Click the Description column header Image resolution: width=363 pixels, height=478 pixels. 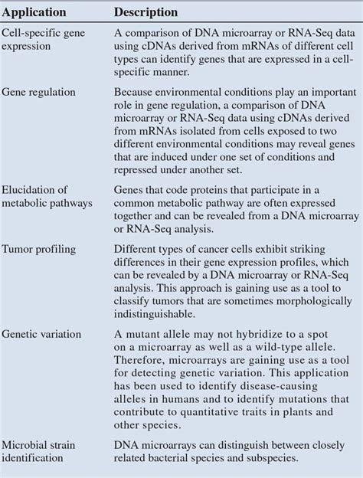pyautogui.click(x=146, y=13)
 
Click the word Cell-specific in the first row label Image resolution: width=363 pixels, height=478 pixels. pyautogui.click(x=32, y=34)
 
